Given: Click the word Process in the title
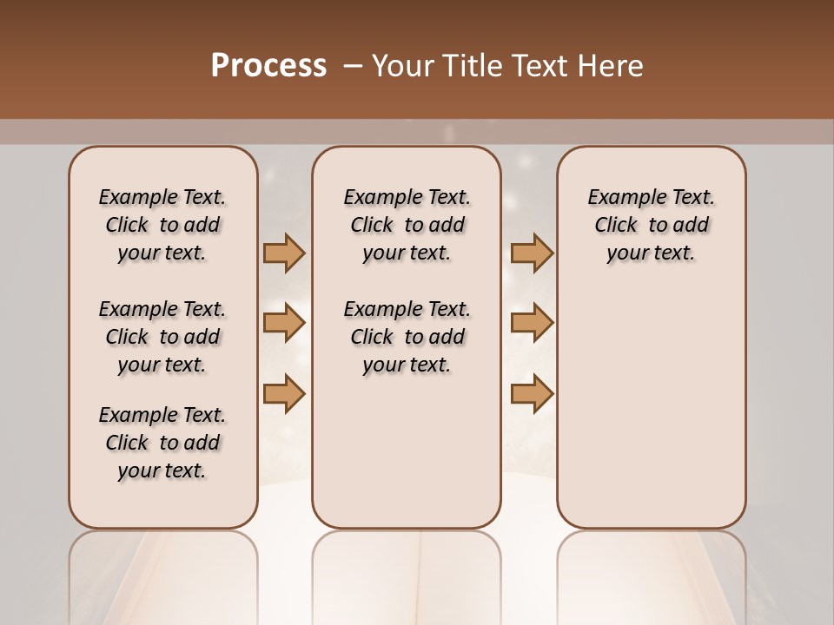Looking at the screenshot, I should point(268,66).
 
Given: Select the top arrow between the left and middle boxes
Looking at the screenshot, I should point(284,253).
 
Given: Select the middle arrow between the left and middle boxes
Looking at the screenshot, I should point(284,324).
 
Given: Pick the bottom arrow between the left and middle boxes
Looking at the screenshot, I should point(284,394).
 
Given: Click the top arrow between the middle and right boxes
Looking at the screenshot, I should point(532,253).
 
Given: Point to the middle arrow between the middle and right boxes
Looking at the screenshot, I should point(532,324).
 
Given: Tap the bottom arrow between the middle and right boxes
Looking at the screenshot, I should point(532,394).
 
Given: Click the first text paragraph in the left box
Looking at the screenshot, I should point(162,225).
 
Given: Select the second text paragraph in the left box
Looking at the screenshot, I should point(162,337).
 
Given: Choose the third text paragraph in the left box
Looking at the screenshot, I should point(162,443).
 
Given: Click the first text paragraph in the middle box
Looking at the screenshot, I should point(407,225).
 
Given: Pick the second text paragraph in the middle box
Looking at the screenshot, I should point(407,337).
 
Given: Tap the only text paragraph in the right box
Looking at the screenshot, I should point(651,225).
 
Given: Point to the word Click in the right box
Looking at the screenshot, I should point(616,226).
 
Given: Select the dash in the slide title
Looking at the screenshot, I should point(352,66).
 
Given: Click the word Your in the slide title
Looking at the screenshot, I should point(402,66).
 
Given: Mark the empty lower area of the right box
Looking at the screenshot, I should point(651,408).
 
